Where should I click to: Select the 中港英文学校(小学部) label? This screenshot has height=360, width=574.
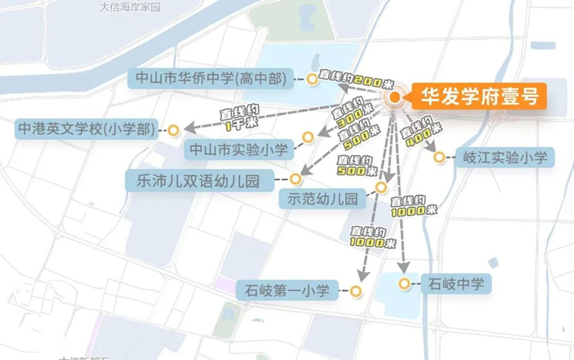[x=87, y=130]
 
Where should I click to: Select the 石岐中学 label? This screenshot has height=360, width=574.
[x=456, y=284]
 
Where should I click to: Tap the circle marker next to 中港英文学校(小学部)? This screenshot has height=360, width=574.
[x=173, y=130]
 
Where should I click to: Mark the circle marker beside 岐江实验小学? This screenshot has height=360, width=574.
[x=439, y=154]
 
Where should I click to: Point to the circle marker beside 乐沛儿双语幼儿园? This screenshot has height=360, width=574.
[x=295, y=179]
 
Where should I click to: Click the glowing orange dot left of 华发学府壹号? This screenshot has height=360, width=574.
[x=392, y=98]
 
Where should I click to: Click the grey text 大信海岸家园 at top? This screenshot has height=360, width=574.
[x=130, y=7]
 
